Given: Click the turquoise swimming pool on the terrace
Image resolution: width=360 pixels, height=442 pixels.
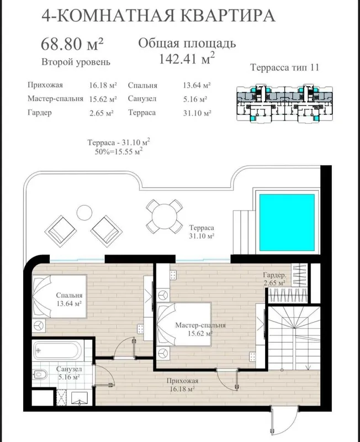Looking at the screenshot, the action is click(287, 223).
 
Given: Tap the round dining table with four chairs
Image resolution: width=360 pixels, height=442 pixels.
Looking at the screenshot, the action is click(164, 217).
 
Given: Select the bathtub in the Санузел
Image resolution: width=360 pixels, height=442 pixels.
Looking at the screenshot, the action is click(57, 351).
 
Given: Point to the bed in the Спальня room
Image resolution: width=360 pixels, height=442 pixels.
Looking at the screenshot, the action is click(59, 297).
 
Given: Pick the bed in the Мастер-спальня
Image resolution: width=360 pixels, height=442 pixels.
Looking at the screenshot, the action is click(184, 324).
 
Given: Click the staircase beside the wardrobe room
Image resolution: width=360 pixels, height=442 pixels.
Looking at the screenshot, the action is click(294, 338).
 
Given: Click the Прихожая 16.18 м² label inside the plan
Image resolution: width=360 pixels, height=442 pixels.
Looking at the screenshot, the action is click(182, 385).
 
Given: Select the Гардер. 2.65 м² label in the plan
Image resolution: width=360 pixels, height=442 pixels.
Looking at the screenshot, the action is click(274, 279).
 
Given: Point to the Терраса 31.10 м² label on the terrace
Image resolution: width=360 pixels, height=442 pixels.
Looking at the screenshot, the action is click(202, 231).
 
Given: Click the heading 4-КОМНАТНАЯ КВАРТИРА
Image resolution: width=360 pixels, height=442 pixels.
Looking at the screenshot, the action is click(158, 15).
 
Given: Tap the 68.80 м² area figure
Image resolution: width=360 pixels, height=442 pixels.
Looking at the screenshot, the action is click(72, 44).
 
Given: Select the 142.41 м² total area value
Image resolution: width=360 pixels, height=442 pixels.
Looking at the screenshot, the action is click(187, 59).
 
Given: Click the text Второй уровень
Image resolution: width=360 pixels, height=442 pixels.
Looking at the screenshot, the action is click(76, 62).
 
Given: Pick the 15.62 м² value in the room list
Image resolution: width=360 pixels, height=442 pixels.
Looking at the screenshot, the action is click(103, 99).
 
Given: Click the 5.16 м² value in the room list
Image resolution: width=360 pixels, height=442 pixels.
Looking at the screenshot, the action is click(195, 99).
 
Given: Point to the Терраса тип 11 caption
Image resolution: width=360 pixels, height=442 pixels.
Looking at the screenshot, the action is click(284, 67).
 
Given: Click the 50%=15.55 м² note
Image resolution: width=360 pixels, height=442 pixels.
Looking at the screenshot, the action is click(118, 151).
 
